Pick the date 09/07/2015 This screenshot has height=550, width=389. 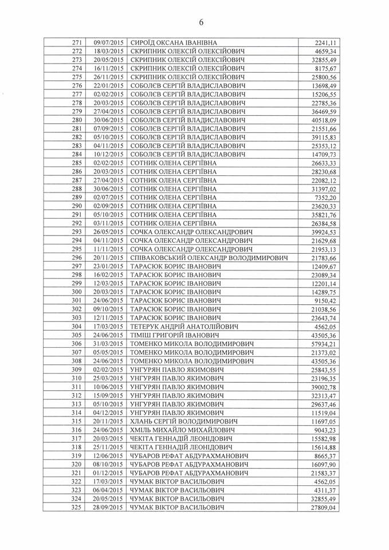point(108,43)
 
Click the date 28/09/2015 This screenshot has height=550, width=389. point(108,507)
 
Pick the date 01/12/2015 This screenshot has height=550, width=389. point(108,473)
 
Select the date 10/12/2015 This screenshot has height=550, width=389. point(108,154)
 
